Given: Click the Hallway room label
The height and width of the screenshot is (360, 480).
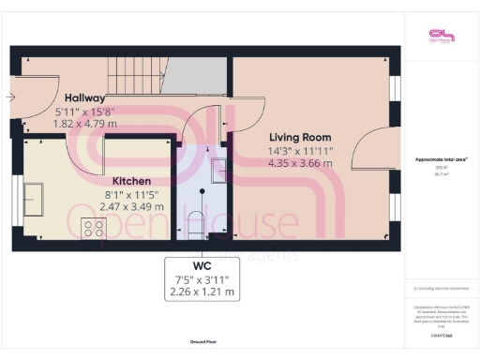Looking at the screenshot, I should click(84, 97).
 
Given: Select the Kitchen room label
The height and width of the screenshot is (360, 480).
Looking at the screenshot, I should click(132, 180).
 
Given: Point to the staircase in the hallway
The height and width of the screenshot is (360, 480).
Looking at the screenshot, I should click(135, 70).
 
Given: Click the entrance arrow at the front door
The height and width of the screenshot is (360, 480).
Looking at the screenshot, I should click(9, 97).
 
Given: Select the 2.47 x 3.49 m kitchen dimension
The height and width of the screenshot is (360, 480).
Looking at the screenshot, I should click(132, 206).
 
